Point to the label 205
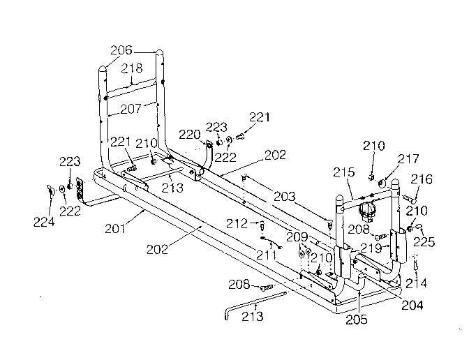tap(358, 320)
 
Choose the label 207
tap(131, 108)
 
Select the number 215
tap(343, 171)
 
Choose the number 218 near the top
tap(132, 68)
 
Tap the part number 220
tap(191, 134)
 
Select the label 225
tap(426, 243)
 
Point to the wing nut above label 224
tap(52, 189)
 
